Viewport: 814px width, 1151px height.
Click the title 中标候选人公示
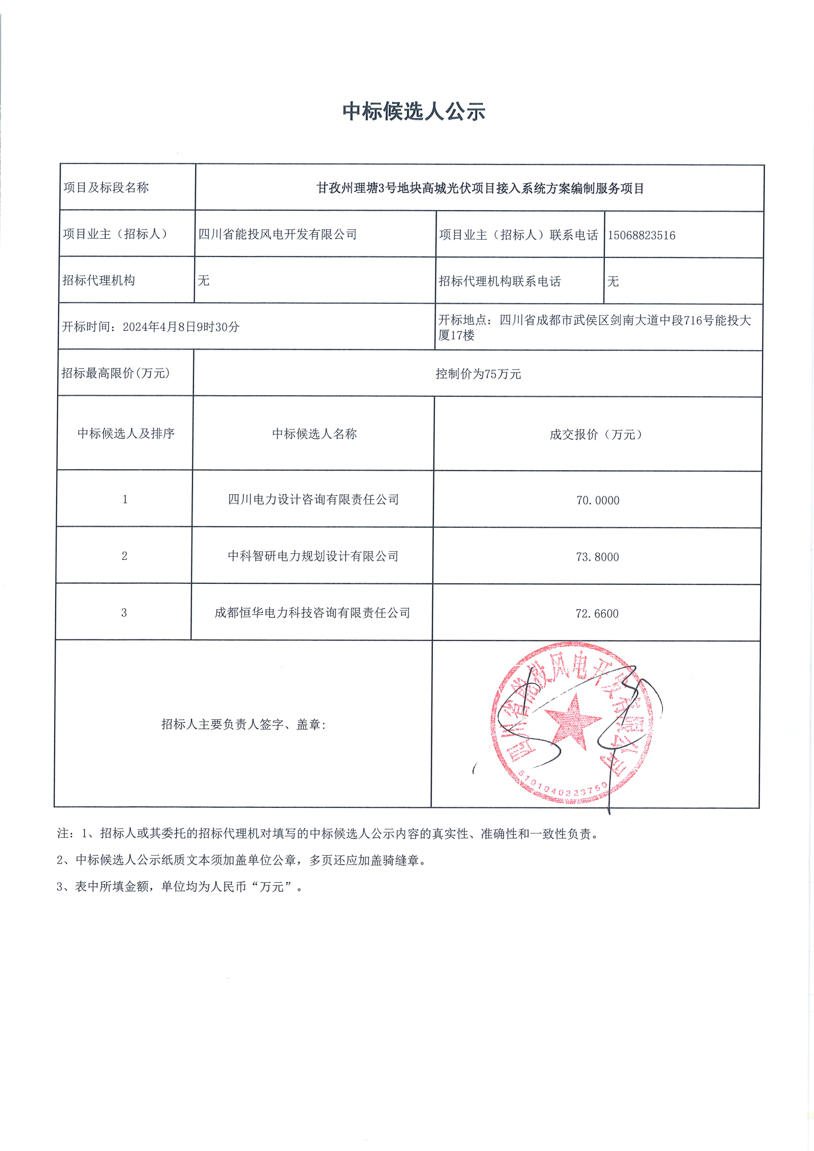[x=414, y=111]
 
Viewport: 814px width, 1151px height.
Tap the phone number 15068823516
[x=642, y=235]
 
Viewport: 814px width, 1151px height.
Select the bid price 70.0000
[x=597, y=500]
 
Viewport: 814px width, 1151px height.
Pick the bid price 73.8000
[x=597, y=556]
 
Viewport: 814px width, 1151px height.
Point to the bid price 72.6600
[x=596, y=613]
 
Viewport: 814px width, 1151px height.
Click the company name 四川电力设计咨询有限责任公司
[x=313, y=499]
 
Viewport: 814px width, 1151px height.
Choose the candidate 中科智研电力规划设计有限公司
[x=313, y=556]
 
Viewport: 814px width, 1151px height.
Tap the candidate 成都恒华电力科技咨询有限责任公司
[x=312, y=612]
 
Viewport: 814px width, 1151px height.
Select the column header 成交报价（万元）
[x=596, y=434]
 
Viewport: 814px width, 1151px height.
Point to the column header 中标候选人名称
[x=314, y=434]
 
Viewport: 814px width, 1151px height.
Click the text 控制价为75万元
[x=478, y=374]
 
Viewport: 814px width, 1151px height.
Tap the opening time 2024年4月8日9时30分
[x=181, y=327]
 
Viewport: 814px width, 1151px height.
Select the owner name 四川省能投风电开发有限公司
[x=277, y=234]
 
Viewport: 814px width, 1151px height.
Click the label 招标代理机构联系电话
[x=499, y=281]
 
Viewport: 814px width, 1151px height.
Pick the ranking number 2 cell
[x=125, y=555]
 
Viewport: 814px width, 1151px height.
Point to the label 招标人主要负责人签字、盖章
[x=243, y=724]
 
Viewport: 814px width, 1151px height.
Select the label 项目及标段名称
[x=106, y=188]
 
